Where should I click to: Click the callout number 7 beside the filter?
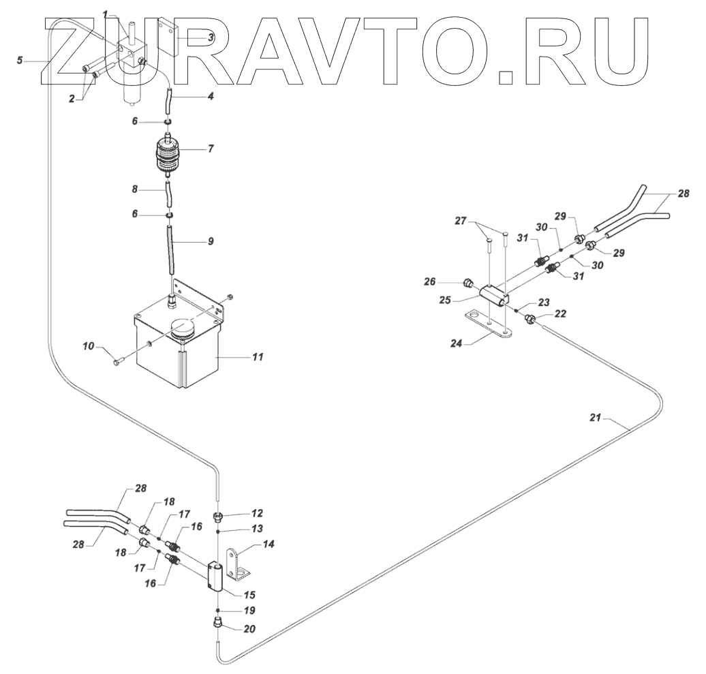(211, 148)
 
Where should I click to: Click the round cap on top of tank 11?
(182, 330)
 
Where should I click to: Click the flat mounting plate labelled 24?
(487, 323)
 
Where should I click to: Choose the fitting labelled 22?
(533, 319)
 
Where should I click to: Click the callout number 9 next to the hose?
(211, 241)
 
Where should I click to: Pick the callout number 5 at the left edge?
(21, 60)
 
